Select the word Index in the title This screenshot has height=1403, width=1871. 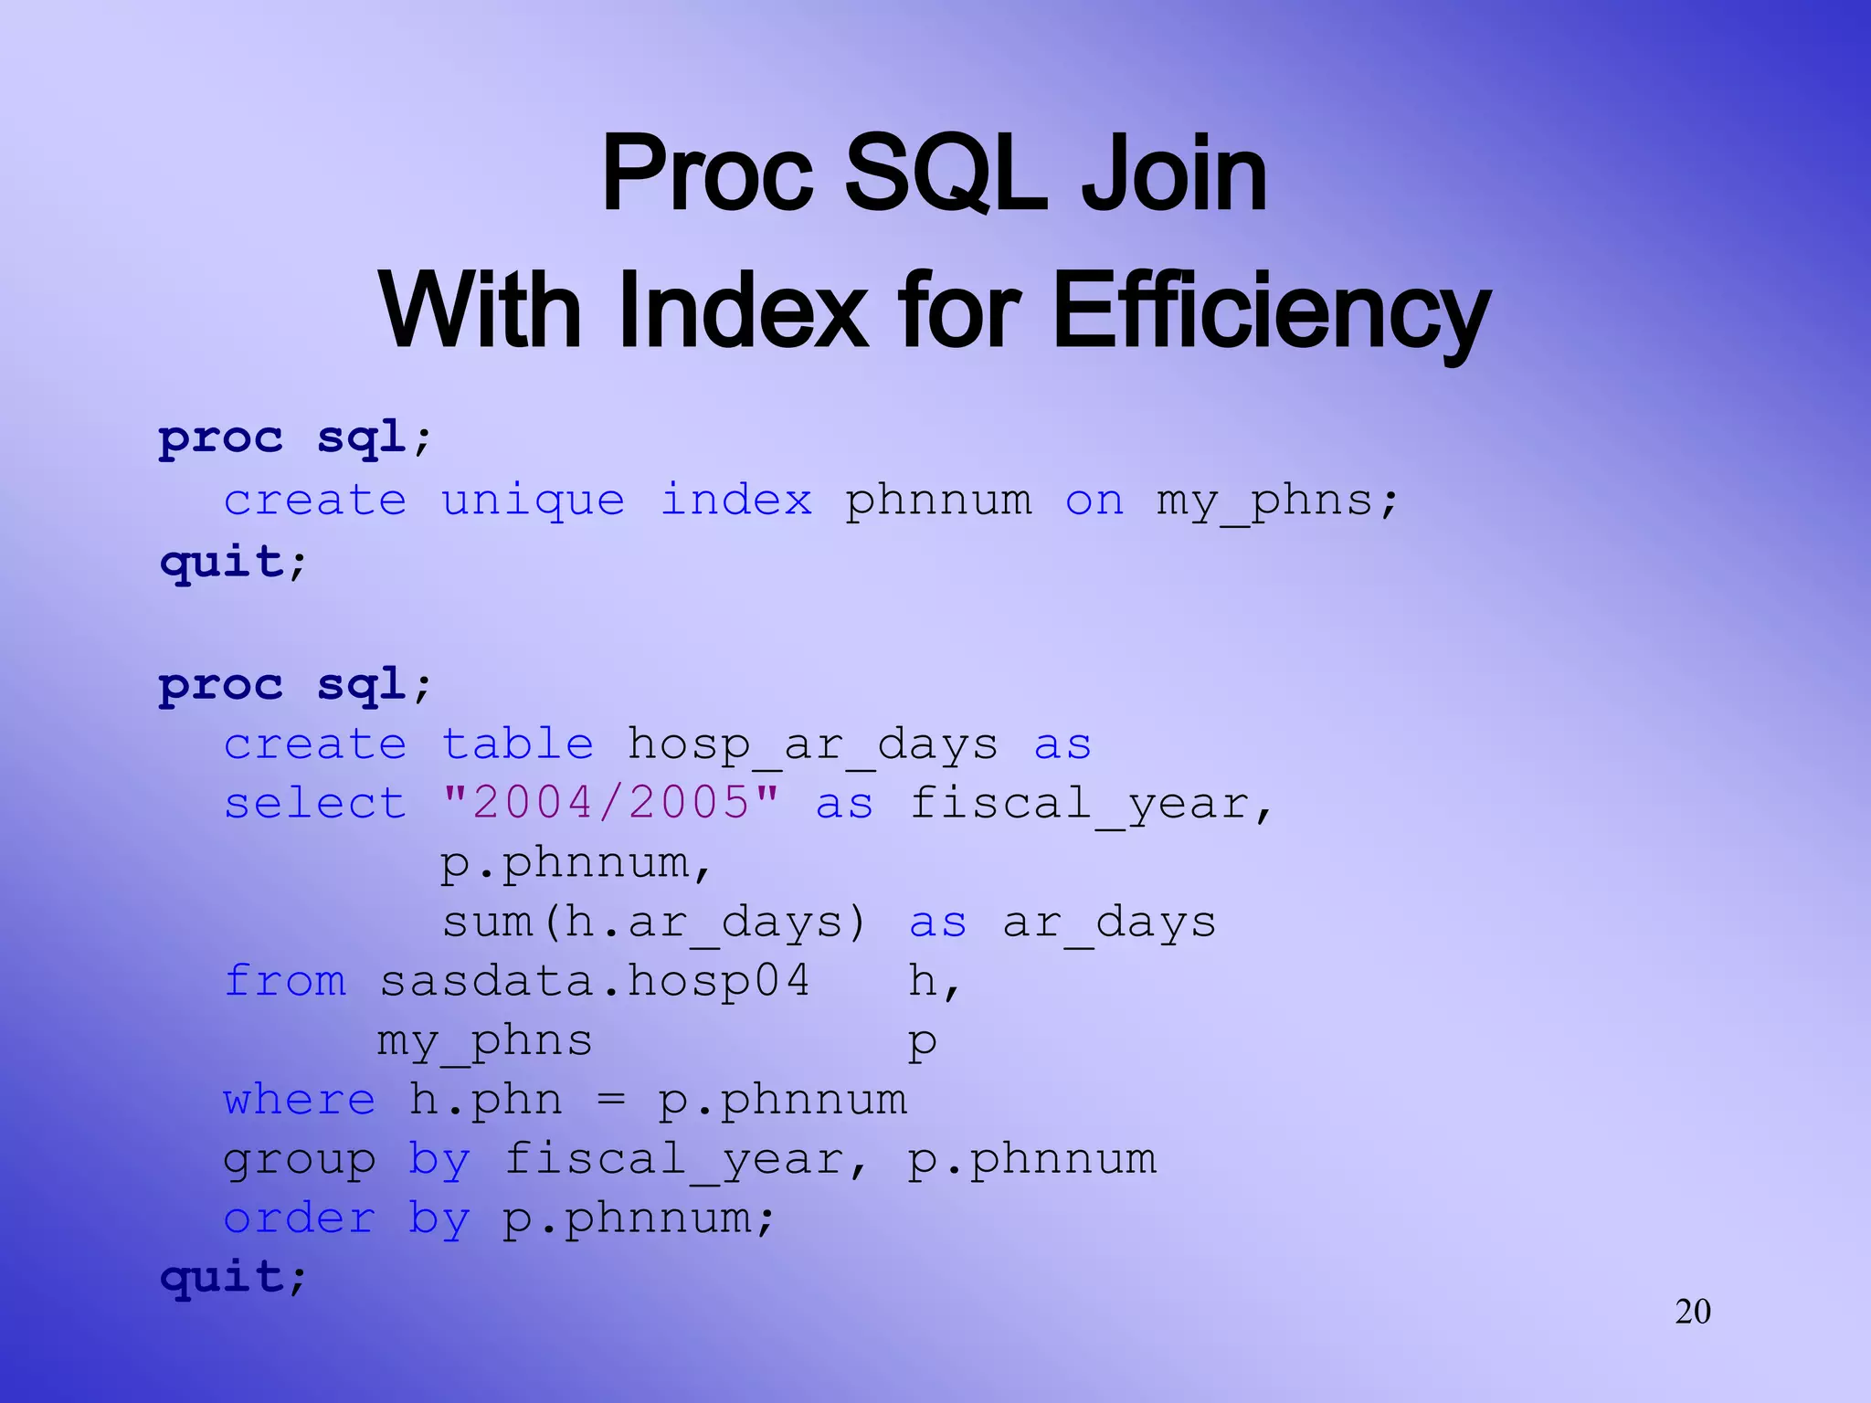[742, 311]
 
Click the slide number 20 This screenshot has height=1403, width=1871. [1692, 1312]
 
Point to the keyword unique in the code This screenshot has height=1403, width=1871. [533, 501]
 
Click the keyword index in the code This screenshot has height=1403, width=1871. [735, 501]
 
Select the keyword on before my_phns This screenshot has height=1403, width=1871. [1094, 501]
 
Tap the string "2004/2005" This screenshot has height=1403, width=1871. [610, 803]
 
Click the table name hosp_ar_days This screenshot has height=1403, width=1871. [812, 744]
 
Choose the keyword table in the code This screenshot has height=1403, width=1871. [517, 744]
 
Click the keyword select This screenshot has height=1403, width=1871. [315, 803]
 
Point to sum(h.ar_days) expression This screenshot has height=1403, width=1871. [653, 922]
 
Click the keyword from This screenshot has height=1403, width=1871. [285, 981]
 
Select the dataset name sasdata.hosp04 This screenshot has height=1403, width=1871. [595, 981]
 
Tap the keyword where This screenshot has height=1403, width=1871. [300, 1100]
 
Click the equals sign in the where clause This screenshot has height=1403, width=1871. [610, 1100]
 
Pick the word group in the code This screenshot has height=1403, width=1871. [300, 1160]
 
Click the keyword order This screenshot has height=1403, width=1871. [300, 1218]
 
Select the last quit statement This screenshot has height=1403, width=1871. [232, 1276]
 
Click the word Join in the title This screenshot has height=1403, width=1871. [1174, 174]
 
